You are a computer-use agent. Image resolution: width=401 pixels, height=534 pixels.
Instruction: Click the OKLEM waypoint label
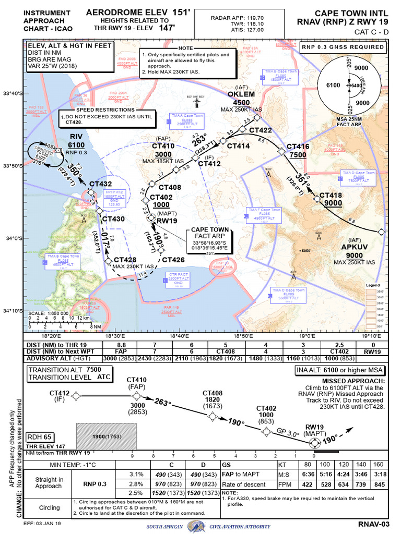click(241, 94)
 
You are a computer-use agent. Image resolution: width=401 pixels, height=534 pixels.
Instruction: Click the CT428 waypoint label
click(125, 259)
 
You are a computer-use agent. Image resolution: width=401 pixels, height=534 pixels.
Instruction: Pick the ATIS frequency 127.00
click(245, 30)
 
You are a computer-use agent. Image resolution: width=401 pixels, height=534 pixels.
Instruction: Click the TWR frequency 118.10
click(245, 23)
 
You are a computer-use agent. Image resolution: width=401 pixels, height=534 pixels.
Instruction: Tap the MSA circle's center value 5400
click(356, 84)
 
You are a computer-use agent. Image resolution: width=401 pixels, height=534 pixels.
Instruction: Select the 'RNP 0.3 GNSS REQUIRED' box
click(344, 47)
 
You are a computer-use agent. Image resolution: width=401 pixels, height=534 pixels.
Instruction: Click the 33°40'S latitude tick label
click(13, 93)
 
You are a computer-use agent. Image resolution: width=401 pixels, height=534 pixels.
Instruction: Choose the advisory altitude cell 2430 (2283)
click(157, 359)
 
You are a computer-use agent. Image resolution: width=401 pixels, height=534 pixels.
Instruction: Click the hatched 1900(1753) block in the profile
click(107, 436)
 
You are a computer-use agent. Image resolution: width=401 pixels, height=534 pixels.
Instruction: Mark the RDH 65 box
click(39, 436)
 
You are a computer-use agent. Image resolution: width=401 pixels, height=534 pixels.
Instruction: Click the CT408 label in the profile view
click(213, 393)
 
